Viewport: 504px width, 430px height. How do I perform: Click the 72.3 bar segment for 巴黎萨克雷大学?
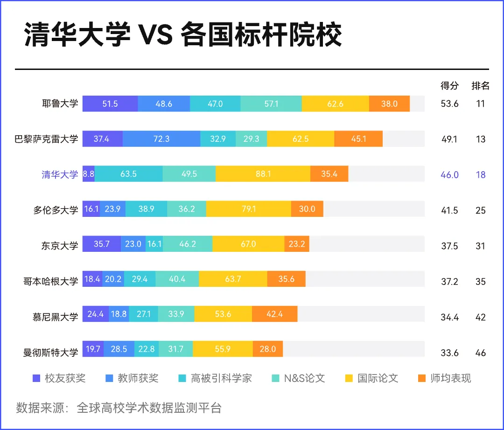[161, 139]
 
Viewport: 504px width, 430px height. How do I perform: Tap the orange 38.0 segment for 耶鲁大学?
[389, 104]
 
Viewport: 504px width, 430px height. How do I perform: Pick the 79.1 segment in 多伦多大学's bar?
[249, 209]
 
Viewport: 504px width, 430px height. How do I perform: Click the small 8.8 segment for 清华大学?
[88, 174]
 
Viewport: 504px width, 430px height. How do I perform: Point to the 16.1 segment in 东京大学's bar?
[154, 244]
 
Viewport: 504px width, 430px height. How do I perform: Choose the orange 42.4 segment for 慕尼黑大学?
[274, 314]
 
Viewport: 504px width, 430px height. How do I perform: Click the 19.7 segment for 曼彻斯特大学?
[93, 349]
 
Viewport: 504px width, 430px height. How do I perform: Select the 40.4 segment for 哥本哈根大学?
[177, 279]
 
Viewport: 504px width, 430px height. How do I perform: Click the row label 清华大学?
[60, 175]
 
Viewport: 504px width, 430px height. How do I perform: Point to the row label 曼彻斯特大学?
[50, 353]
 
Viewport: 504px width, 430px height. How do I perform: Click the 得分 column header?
[449, 86]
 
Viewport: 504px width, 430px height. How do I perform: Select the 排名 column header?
[480, 86]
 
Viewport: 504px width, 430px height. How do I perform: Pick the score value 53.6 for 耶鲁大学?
[449, 104]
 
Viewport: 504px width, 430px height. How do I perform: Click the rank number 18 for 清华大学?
[480, 175]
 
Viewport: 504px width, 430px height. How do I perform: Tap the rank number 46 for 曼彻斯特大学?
[480, 353]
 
